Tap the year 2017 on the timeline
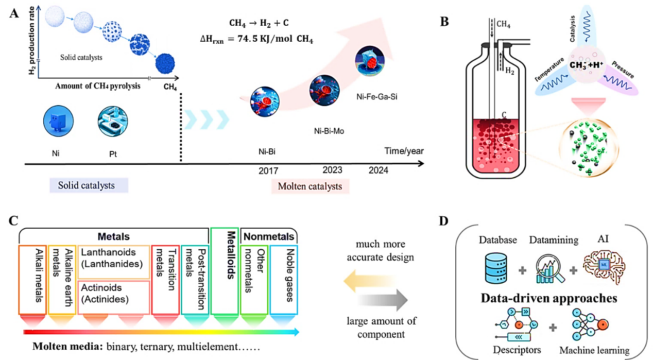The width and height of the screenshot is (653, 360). pyautogui.click(x=269, y=170)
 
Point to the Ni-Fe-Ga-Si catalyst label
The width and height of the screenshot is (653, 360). pyautogui.click(x=377, y=96)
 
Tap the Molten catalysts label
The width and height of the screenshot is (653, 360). pyautogui.click(x=311, y=186)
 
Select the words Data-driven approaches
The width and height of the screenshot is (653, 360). pyautogui.click(x=548, y=298)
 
